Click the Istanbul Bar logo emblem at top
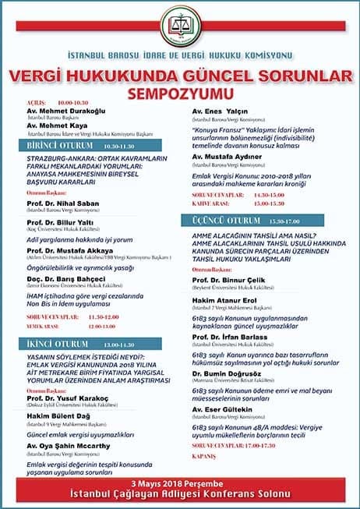click(180, 31)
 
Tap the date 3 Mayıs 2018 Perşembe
click(180, 483)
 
